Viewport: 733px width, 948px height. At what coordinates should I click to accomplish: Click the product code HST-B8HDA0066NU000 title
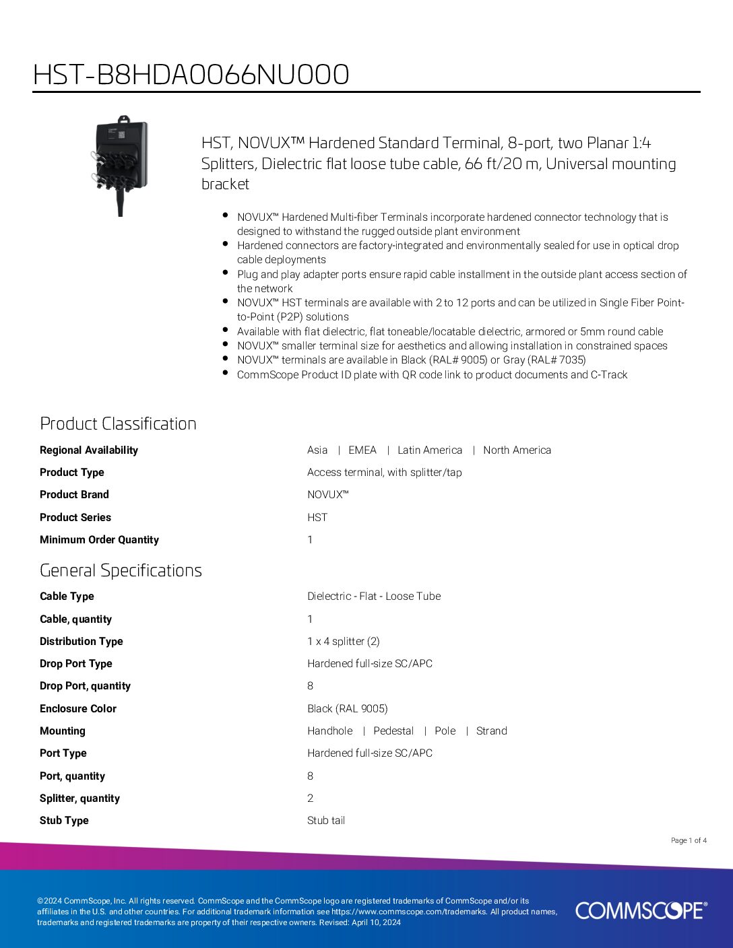click(191, 75)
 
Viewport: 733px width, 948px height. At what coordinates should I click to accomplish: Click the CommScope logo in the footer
click(641, 910)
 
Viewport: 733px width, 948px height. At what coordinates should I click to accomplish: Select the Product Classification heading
click(118, 424)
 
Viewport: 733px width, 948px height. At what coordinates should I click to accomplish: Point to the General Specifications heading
click(121, 570)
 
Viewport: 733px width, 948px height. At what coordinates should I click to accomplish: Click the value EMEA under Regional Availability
click(362, 450)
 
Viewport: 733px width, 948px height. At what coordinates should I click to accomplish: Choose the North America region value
click(517, 450)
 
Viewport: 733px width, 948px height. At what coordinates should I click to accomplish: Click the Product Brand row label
click(74, 495)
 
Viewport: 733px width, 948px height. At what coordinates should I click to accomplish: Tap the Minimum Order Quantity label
click(99, 540)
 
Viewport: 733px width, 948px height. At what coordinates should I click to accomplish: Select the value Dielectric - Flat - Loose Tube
click(374, 597)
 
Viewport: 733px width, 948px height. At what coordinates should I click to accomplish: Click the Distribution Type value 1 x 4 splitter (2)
click(344, 642)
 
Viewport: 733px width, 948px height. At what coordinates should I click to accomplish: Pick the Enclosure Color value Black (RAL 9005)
click(348, 709)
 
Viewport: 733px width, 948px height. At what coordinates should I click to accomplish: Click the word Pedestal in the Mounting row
click(393, 731)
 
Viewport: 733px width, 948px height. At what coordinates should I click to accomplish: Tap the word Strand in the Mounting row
click(491, 731)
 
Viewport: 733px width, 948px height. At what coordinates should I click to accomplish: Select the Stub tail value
click(326, 821)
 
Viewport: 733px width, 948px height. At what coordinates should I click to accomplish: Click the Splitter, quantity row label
click(79, 799)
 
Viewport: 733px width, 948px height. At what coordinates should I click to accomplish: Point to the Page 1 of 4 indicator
click(689, 840)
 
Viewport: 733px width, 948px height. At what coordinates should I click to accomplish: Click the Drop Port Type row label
click(76, 664)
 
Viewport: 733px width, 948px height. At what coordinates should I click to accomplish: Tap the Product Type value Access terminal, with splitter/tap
click(385, 473)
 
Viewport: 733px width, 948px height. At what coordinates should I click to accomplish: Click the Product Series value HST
click(317, 518)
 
